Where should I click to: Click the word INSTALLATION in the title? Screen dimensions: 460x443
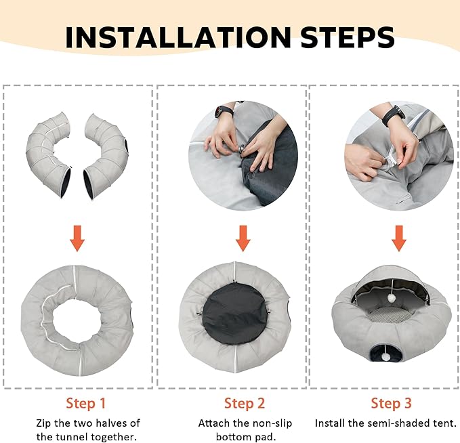pyautogui.click(x=178, y=37)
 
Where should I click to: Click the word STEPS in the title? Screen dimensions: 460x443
pyautogui.click(x=348, y=37)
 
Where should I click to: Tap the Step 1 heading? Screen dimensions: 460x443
pyautogui.click(x=85, y=403)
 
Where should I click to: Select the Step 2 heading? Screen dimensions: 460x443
pyautogui.click(x=245, y=403)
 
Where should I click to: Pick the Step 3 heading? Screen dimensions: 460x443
pyautogui.click(x=391, y=403)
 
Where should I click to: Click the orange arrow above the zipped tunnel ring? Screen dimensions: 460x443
pyautogui.click(x=77, y=238)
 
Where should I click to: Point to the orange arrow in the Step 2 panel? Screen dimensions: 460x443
pyautogui.click(x=243, y=238)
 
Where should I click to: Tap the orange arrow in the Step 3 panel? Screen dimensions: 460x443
pyautogui.click(x=399, y=238)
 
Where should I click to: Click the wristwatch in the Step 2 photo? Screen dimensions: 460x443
pyautogui.click(x=224, y=111)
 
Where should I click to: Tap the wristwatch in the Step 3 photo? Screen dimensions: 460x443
pyautogui.click(x=393, y=116)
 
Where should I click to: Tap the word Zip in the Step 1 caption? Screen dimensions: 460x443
pyautogui.click(x=44, y=423)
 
